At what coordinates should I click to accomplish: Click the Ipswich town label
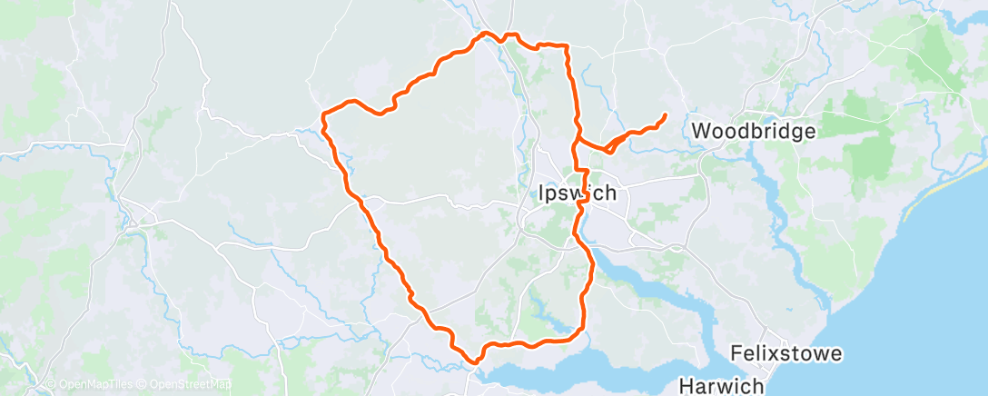(x=571, y=193)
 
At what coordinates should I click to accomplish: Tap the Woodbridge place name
(x=754, y=131)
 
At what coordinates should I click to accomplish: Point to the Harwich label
(x=721, y=384)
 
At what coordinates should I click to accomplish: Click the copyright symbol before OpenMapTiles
(x=50, y=385)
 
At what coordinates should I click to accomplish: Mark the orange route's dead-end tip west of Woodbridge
(x=666, y=114)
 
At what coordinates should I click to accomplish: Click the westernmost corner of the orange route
(x=323, y=114)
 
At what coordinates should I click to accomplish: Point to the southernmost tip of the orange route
(x=474, y=361)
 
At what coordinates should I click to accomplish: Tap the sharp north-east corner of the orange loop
(x=568, y=45)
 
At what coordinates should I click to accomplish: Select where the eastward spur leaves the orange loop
(x=578, y=143)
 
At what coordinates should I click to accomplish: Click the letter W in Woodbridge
(x=701, y=131)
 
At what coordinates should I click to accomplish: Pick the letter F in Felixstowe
(x=736, y=353)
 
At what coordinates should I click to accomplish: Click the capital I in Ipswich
(x=531, y=193)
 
